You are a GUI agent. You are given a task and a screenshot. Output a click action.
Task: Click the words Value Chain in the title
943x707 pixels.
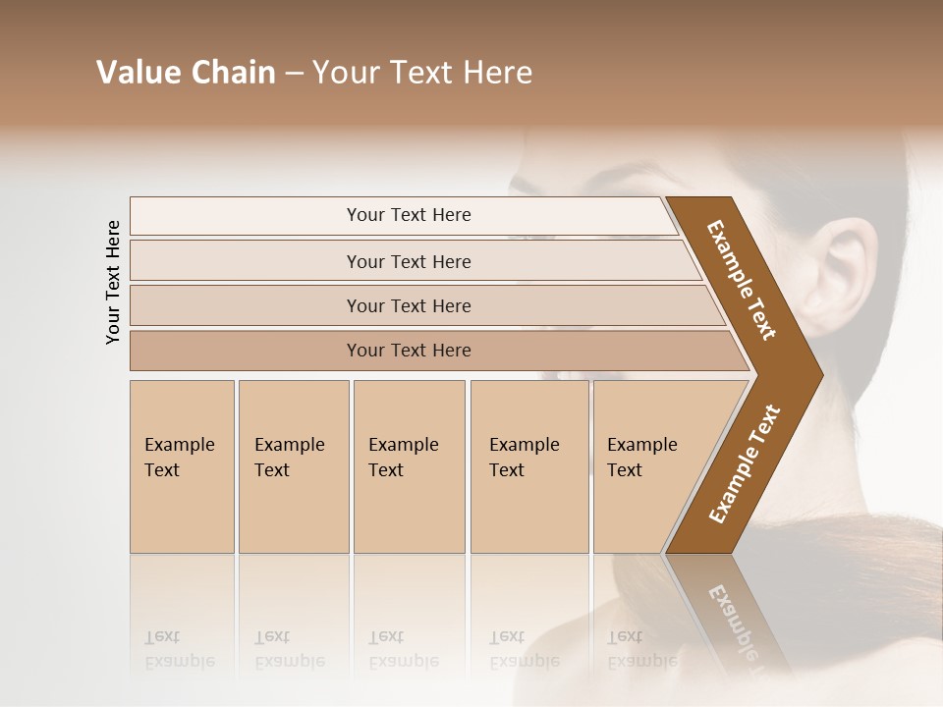point(186,73)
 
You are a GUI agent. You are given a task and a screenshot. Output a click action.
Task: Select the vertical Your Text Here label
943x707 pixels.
point(113,282)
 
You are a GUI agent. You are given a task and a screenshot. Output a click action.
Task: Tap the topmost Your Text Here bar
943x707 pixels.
point(409,215)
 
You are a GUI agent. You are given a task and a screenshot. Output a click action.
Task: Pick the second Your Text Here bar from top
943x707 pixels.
point(409,261)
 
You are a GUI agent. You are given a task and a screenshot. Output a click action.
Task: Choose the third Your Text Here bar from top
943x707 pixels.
point(409,305)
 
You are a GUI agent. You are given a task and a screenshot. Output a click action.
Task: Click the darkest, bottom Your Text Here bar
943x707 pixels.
point(409,351)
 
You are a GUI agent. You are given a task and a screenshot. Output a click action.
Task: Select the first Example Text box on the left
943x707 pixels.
point(181,465)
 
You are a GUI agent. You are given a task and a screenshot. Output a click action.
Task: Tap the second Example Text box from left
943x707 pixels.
point(292,465)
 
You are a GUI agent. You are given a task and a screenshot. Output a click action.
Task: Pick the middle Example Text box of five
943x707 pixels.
point(408,465)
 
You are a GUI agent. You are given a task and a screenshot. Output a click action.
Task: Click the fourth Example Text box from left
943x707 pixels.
point(528,465)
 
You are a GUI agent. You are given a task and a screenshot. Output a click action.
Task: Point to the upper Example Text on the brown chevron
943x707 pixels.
point(742,280)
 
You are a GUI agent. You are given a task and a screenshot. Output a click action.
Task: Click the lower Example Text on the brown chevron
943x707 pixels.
point(745,464)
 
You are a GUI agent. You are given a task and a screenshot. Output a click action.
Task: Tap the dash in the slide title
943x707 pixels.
point(294,74)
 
